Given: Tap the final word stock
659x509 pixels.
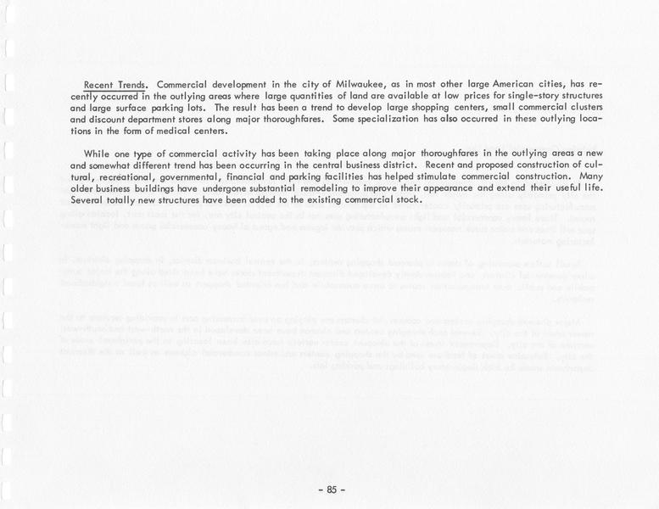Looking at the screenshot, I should (409, 200).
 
